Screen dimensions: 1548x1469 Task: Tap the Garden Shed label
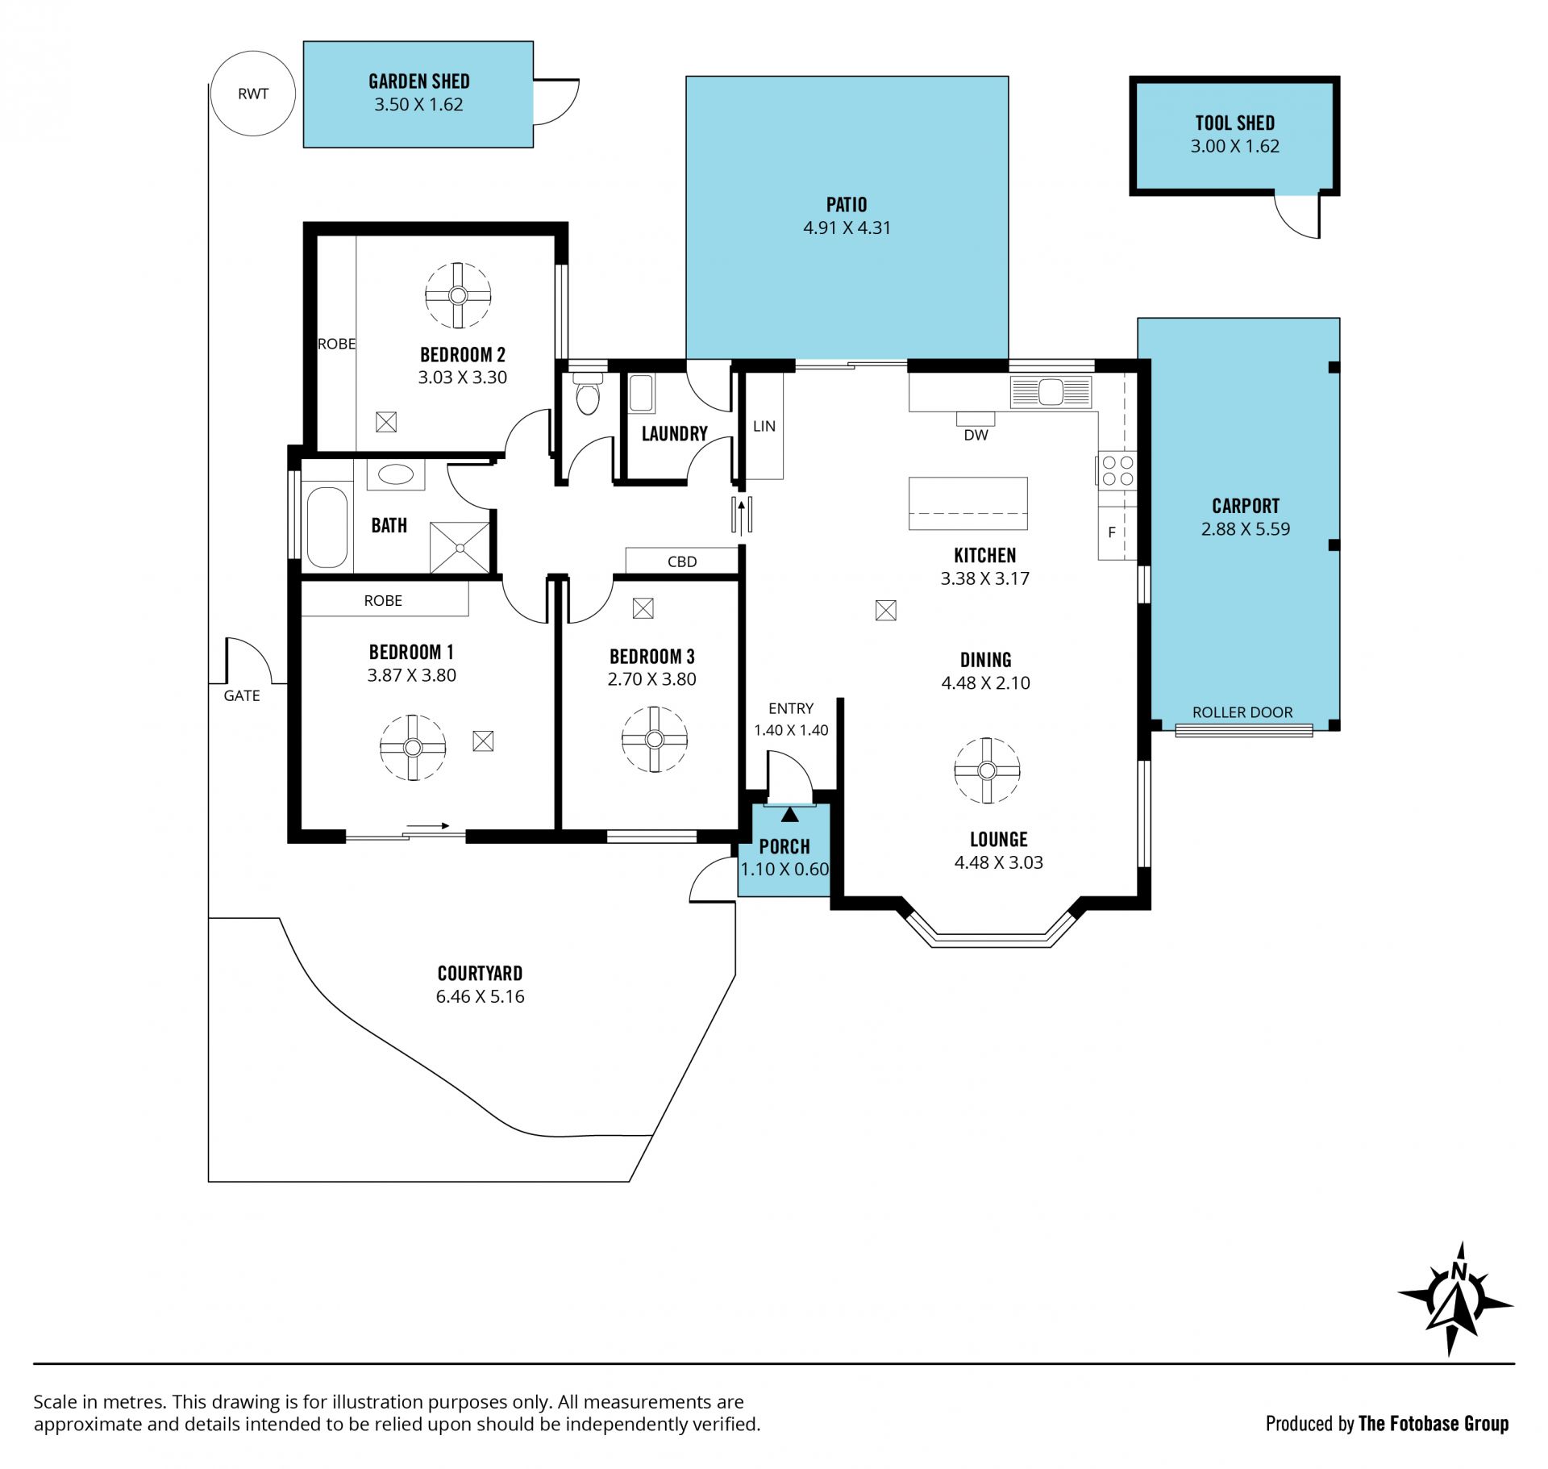point(418,81)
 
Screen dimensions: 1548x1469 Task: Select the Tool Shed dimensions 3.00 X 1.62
point(1234,146)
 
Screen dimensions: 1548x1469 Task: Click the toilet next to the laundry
point(588,393)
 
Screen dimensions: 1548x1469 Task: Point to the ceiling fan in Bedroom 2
point(458,295)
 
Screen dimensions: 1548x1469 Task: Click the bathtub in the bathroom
point(327,527)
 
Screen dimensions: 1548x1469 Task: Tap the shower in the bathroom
point(460,548)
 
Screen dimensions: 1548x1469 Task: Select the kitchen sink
point(1051,393)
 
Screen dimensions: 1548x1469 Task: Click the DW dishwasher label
point(976,435)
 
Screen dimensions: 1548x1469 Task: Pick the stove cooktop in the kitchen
point(1117,470)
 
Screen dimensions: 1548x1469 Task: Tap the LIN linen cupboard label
point(764,426)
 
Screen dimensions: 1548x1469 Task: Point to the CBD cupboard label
point(682,561)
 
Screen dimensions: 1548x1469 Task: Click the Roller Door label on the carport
point(1242,712)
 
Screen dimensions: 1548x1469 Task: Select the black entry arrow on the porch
point(789,815)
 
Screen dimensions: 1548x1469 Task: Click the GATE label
point(242,695)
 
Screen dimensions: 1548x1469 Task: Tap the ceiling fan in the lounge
point(987,770)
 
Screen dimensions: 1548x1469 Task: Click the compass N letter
point(1459,1272)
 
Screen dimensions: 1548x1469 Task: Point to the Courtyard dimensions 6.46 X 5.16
point(480,996)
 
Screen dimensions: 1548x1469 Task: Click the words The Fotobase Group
point(1433,1424)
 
